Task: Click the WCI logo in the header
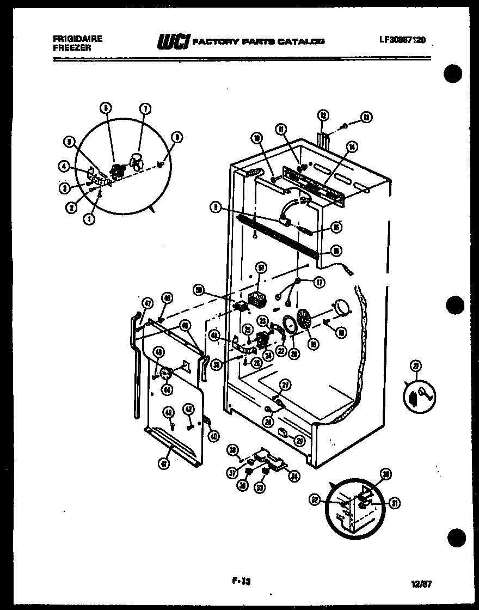click(x=174, y=41)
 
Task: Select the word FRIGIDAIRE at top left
click(x=71, y=39)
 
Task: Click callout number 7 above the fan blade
click(x=145, y=108)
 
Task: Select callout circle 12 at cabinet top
click(x=323, y=115)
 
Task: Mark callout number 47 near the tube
click(x=147, y=304)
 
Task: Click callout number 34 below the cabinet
click(x=294, y=477)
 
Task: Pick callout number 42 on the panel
click(x=188, y=409)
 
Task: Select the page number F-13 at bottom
click(x=239, y=581)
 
